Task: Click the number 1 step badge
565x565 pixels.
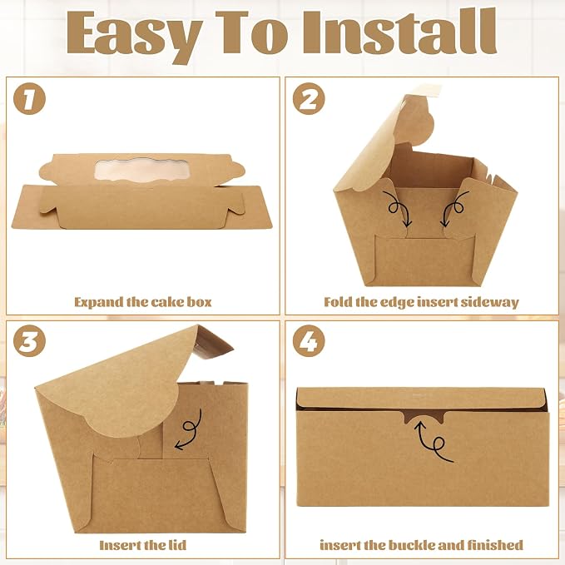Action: pos(30,98)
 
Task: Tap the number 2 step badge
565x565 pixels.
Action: pos(309,98)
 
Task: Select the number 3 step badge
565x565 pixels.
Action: pos(30,341)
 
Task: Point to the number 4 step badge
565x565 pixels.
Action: pos(309,341)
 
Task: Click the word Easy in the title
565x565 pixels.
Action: pos(134,36)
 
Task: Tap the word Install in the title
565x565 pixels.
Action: pos(399,32)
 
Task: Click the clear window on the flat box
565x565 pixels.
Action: pos(140,170)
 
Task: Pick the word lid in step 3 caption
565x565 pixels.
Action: pos(177,545)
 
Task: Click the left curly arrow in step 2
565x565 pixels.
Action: pos(399,208)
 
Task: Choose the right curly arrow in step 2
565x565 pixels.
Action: pos(455,208)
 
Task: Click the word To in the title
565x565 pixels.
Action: pos(251,32)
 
